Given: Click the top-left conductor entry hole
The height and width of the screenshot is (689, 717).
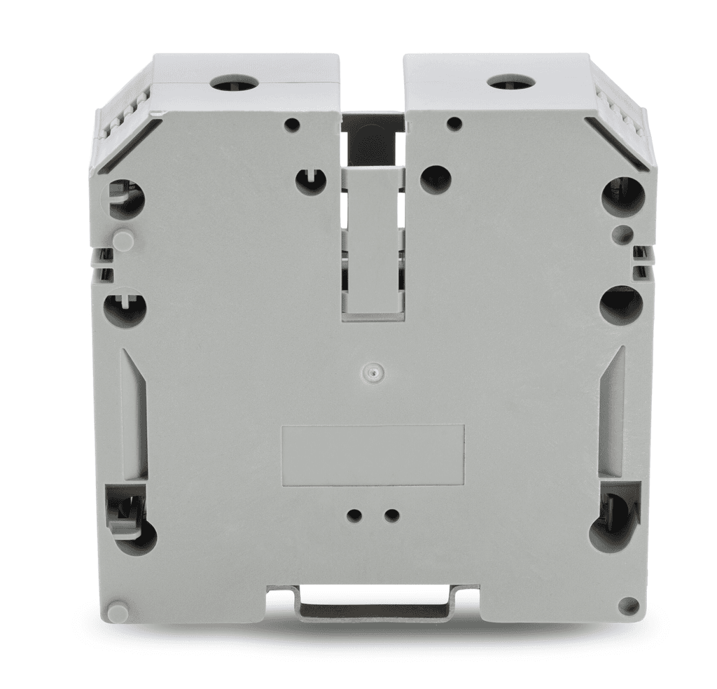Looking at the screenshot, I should (235, 85).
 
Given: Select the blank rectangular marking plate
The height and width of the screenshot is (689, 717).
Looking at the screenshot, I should (372, 454).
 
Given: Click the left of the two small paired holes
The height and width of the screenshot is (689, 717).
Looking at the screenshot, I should (354, 516).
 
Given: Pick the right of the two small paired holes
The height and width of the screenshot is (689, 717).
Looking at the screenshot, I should (391, 516).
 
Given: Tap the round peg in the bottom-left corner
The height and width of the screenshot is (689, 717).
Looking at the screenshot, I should (118, 611).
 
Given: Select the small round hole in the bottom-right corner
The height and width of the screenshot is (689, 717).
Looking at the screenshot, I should (628, 606).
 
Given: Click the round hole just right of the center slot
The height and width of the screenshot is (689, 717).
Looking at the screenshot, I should (436, 179).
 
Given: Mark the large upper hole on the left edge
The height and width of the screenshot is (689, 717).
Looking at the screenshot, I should (127, 198).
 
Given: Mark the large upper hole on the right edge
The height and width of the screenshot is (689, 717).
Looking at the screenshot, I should (622, 195).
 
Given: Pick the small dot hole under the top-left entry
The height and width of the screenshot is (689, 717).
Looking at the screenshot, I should (293, 125).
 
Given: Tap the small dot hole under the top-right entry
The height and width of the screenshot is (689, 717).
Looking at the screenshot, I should (454, 124).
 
